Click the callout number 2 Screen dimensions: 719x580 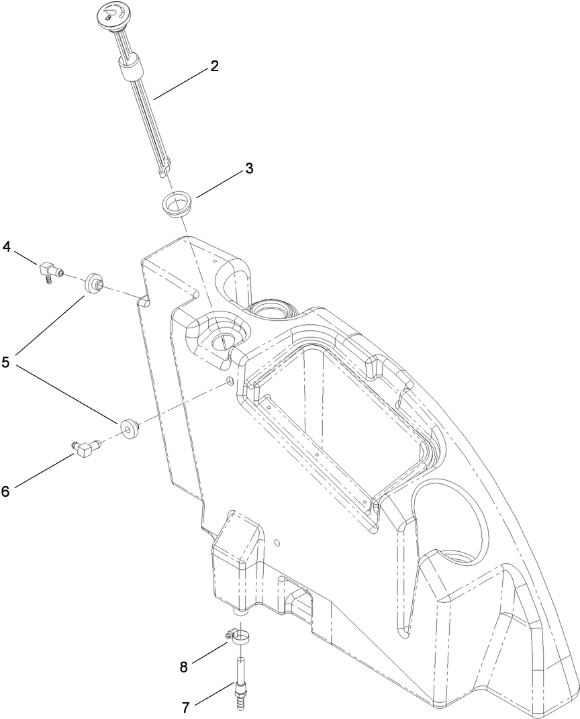point(214,66)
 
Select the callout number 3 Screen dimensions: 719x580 point(249,169)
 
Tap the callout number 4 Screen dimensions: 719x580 point(7,246)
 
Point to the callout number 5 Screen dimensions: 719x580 point(7,363)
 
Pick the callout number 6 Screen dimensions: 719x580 point(5,491)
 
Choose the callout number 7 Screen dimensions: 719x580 point(185,707)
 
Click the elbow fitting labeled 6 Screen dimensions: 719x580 point(85,448)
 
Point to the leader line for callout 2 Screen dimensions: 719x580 point(181,83)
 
